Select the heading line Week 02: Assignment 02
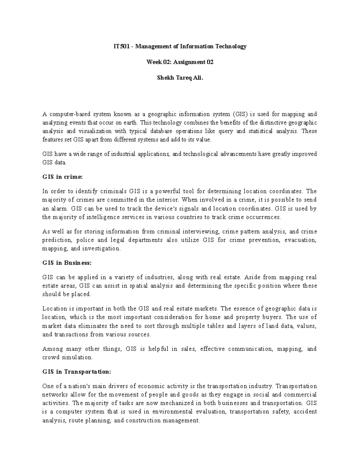(180, 62)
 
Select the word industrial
(124, 154)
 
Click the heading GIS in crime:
(62, 177)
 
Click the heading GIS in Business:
(67, 263)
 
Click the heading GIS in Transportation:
(76, 372)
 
